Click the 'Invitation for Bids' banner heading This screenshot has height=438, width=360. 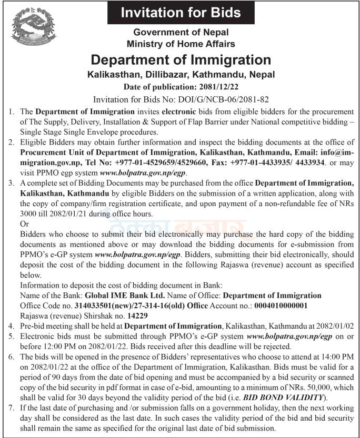[181, 13]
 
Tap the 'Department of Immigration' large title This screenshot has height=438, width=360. [181, 59]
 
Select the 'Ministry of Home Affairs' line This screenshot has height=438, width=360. [181, 44]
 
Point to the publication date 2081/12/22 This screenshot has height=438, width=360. [217, 86]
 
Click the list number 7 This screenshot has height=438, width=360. [12, 408]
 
